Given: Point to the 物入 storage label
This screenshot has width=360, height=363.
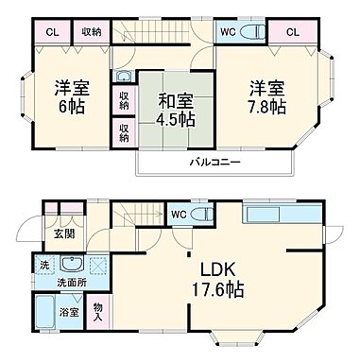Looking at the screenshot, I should point(99,309).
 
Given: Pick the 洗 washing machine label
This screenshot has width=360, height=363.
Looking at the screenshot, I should point(43,265).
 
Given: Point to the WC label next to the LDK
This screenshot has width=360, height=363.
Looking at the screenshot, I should point(178,214).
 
